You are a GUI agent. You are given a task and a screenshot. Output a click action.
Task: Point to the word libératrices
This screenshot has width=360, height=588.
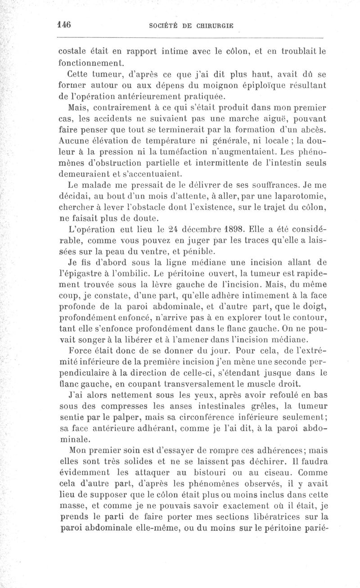[x=252, y=514]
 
